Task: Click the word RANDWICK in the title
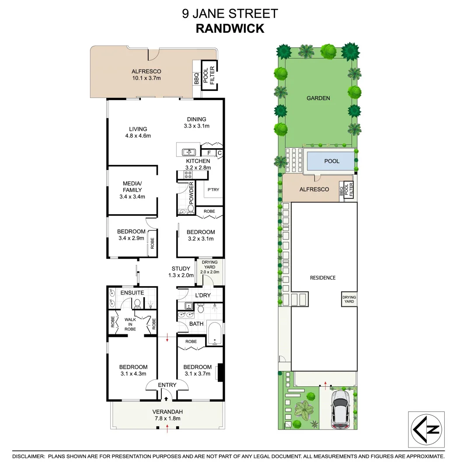pos(230,28)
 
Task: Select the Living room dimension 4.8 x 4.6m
pos(138,135)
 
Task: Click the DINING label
pos(196,119)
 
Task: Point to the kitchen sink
pos(188,152)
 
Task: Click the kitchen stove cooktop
pos(189,174)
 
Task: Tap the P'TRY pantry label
pos(213,190)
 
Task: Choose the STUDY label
pos(181,268)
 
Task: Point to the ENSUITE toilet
pos(137,302)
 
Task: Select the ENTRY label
pos(167,385)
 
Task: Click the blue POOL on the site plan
pos(331,161)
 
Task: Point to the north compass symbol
pos(426,429)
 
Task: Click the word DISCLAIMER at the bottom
pos(28,456)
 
